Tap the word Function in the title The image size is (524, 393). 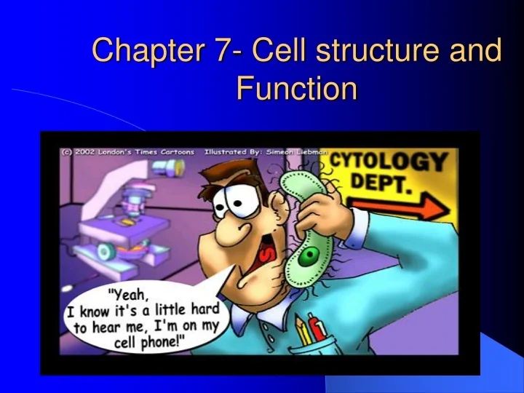coord(297,89)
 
